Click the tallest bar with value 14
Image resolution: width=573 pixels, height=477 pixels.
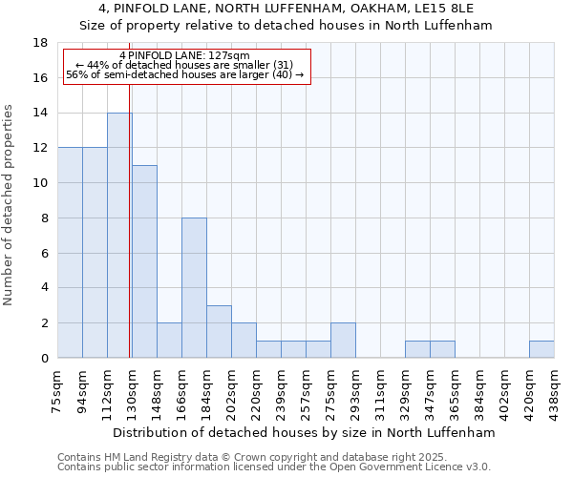[119, 235]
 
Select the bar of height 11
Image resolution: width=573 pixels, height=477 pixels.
[144, 261]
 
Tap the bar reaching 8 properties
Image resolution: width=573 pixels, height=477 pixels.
[194, 287]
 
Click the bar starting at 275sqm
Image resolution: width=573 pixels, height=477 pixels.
[343, 340]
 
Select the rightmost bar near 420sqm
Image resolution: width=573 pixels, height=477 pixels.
[541, 349]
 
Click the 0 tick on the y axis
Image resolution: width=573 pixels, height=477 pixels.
[43, 358]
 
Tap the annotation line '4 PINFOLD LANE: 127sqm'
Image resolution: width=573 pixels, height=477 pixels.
[185, 55]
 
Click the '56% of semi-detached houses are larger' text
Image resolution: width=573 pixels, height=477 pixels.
[185, 74]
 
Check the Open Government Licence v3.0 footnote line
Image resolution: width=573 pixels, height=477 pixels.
[273, 467]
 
